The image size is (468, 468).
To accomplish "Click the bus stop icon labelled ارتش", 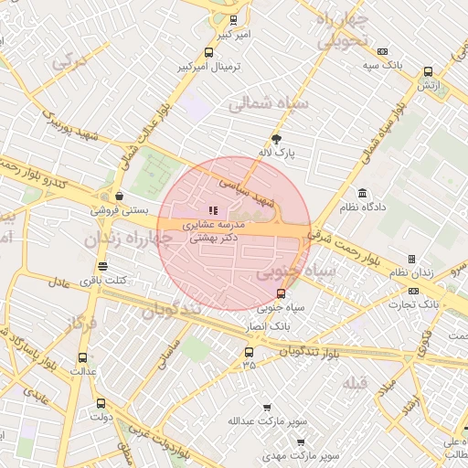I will (x=427, y=72).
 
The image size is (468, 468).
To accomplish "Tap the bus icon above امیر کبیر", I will (x=233, y=20).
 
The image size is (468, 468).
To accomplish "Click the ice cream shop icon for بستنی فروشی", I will (x=120, y=196).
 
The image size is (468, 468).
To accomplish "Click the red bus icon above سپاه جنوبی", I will (x=281, y=294).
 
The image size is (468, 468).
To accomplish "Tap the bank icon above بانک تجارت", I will (x=414, y=291).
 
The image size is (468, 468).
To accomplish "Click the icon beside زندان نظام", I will (x=411, y=260).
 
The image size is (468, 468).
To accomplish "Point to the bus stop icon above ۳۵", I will (x=249, y=352).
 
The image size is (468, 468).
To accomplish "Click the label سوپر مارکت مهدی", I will (x=301, y=454).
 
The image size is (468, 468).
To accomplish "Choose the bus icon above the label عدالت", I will (x=83, y=357).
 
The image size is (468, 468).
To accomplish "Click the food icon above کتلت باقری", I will (x=102, y=267).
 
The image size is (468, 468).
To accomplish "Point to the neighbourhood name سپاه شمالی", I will (x=271, y=104).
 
